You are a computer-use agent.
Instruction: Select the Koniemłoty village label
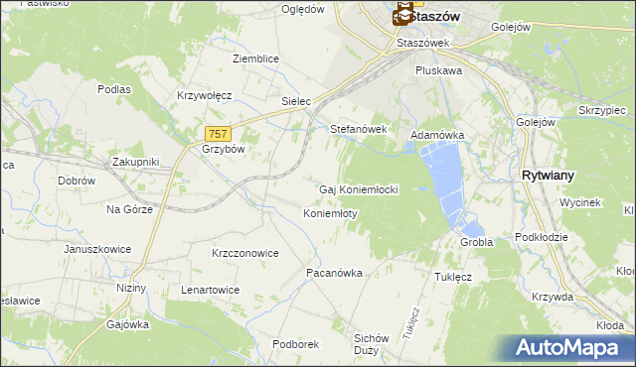point(330,213)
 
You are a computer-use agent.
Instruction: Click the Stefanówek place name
point(358,129)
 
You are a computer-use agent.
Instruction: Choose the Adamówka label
point(437,134)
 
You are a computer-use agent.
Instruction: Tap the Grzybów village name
point(223,150)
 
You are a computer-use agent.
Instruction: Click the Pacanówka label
point(334,272)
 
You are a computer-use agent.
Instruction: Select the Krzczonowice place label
point(244,253)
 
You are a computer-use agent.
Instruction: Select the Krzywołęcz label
point(204,95)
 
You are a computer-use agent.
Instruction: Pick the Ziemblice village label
point(255,59)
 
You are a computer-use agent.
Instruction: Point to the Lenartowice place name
point(210,290)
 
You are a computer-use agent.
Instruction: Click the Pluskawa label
point(439,71)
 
